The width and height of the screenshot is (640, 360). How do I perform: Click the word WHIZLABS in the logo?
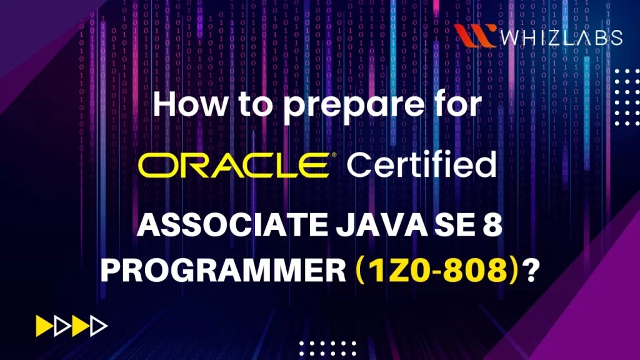pos(561,37)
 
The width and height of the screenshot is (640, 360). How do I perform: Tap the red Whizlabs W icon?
pos(476,36)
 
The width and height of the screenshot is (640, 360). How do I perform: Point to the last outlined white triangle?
pos(99,326)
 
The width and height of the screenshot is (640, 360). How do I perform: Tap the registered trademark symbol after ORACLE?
pos(335,154)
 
